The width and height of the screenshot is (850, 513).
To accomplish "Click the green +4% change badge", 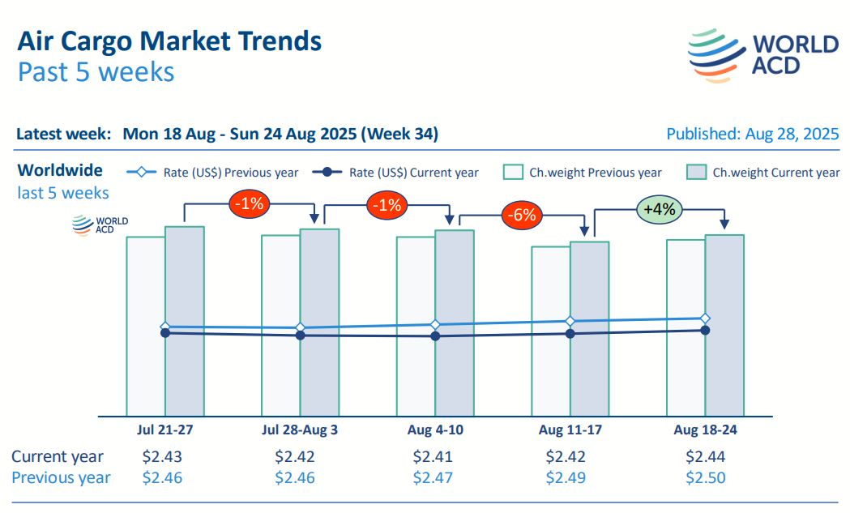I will [x=660, y=208].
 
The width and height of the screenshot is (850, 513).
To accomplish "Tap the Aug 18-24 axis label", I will [x=705, y=430].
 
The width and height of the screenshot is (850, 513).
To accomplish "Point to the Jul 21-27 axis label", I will [x=164, y=430].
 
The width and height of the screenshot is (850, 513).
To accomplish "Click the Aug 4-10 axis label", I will [x=436, y=430].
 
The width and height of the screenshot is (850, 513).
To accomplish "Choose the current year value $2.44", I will [x=705, y=456].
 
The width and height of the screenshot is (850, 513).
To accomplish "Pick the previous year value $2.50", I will [x=705, y=477].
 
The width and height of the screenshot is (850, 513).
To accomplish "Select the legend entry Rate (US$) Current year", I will [x=396, y=172].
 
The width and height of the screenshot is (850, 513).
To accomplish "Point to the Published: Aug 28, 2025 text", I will [x=752, y=134].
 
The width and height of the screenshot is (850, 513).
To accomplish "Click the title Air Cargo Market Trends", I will [x=169, y=41].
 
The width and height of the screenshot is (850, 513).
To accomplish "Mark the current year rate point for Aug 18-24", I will [x=705, y=330].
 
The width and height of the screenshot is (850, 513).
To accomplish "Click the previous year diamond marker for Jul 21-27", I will [x=165, y=326].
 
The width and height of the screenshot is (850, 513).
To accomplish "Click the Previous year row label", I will [x=61, y=477].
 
